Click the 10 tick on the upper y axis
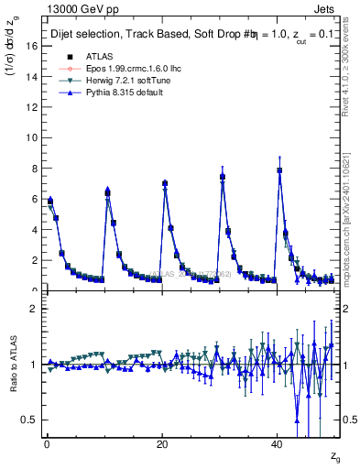(35, 137)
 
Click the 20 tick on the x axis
(162, 443)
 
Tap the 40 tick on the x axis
(278, 443)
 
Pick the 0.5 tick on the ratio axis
(32, 420)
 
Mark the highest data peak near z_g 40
(279, 170)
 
